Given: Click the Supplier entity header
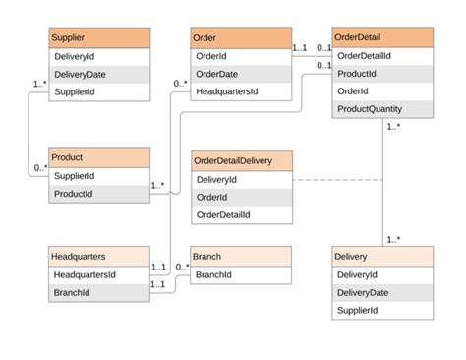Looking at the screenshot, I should (x=99, y=38).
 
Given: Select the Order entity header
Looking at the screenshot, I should (x=241, y=38).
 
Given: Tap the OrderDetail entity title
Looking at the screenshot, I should (x=382, y=38).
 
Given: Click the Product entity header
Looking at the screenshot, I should (x=99, y=157).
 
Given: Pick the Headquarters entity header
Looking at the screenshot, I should (x=99, y=256).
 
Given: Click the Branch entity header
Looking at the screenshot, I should (x=241, y=256).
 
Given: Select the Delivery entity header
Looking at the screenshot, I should (x=382, y=256).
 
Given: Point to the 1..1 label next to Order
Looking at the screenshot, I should (x=300, y=47).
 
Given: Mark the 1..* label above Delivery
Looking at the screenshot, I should (x=393, y=239).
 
